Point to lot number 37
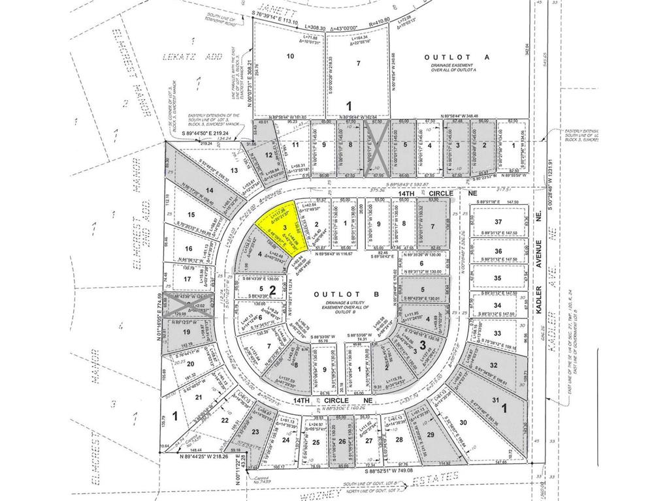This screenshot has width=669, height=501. [498, 222]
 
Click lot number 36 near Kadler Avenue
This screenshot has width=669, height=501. [498, 251]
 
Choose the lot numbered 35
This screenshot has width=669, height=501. [498, 278]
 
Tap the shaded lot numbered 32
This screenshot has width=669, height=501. [494, 365]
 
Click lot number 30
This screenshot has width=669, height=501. [464, 423]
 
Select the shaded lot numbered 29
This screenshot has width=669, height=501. [430, 434]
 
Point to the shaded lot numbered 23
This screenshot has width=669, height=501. [255, 431]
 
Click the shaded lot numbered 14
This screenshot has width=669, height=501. [210, 190]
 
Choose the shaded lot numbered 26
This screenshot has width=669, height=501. [342, 442]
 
